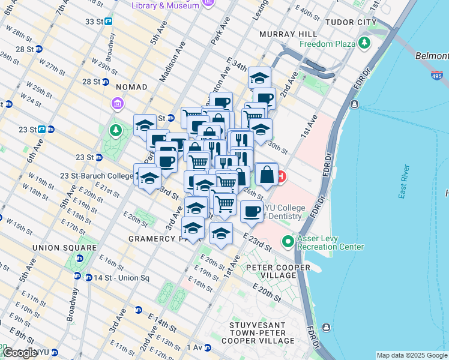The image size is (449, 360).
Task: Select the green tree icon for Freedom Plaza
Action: coord(364,43)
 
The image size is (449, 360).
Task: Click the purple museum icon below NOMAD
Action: coord(116,104)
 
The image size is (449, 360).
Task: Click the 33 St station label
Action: coord(94,22)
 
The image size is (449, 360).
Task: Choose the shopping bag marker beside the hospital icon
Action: coord(267,175)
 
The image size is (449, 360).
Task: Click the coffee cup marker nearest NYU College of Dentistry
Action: coord(252,211)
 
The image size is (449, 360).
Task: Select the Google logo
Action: coord(20,353)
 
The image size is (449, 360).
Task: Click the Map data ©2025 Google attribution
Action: coord(412,355)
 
